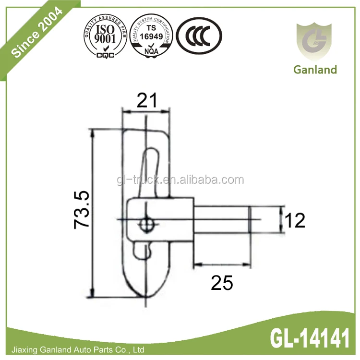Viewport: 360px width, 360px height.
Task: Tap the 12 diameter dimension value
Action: pyautogui.click(x=294, y=220)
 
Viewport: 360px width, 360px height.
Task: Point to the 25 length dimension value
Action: pyautogui.click(x=222, y=283)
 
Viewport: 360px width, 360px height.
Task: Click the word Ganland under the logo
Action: pyautogui.click(x=315, y=70)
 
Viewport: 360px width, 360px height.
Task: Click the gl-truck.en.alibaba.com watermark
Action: pyautogui.click(x=180, y=180)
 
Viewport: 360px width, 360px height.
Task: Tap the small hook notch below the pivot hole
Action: pyautogui.click(x=144, y=250)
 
